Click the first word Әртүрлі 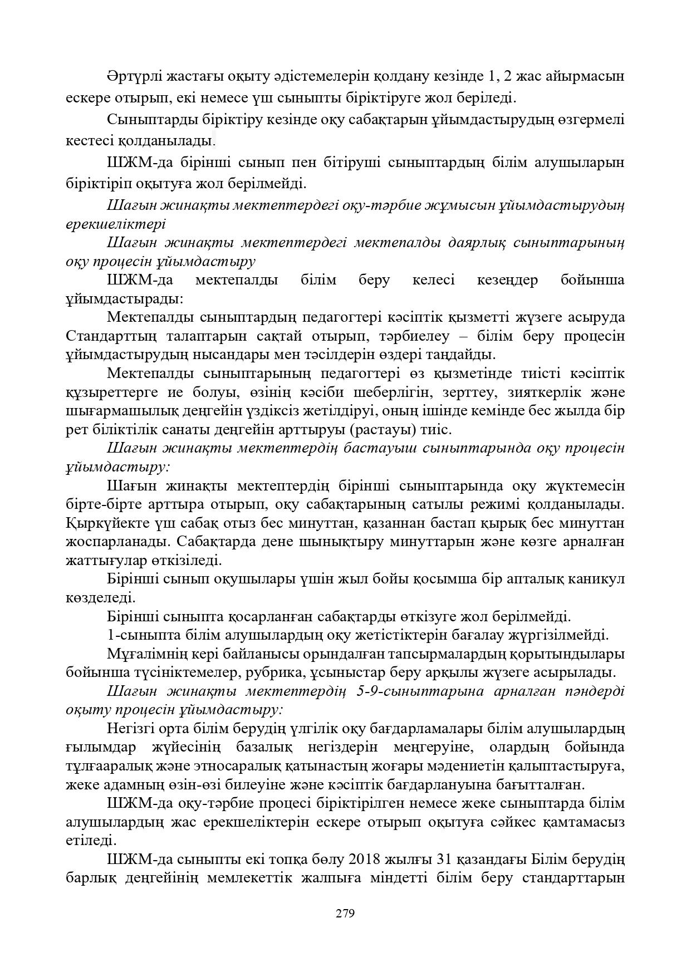click(131, 76)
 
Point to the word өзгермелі click(591, 120)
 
